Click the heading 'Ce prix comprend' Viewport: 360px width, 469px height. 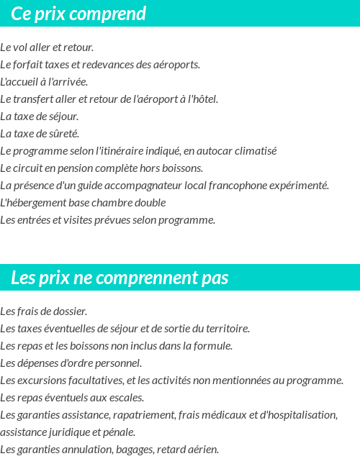pos(78,14)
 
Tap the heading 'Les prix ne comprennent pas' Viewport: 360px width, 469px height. pos(120,278)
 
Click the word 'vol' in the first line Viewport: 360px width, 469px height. pos(20,47)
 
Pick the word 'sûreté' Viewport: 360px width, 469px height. pos(63,134)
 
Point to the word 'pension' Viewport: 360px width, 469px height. pos(78,168)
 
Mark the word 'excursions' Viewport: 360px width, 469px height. pos(41,381)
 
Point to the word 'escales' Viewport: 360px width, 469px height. pos(125,398)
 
